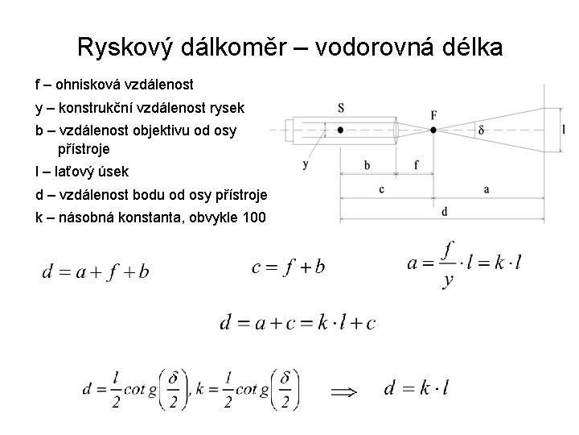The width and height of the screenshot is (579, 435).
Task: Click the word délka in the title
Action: pyautogui.click(x=469, y=48)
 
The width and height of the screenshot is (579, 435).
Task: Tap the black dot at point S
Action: pyautogui.click(x=341, y=130)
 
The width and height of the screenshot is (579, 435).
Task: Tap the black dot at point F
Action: pyautogui.click(x=434, y=130)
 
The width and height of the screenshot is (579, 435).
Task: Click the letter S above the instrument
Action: pyautogui.click(x=341, y=108)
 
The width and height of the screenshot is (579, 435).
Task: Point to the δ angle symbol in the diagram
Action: pyautogui.click(x=481, y=129)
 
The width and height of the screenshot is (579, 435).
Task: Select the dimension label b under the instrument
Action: pyautogui.click(x=368, y=165)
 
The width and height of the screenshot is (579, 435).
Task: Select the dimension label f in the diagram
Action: pyautogui.click(x=416, y=165)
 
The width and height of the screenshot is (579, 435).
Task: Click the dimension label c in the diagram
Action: pyautogui.click(x=380, y=189)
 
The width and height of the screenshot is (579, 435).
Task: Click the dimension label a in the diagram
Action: pyautogui.click(x=487, y=188)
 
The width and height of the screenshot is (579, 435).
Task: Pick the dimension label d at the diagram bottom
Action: pyautogui.click(x=444, y=210)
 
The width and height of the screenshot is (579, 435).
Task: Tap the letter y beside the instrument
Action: pyautogui.click(x=306, y=164)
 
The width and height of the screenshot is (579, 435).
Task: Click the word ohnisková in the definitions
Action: pyautogui.click(x=91, y=84)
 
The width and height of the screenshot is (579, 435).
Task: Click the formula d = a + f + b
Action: pyautogui.click(x=95, y=271)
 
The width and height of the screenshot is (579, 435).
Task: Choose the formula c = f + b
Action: pyautogui.click(x=288, y=267)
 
